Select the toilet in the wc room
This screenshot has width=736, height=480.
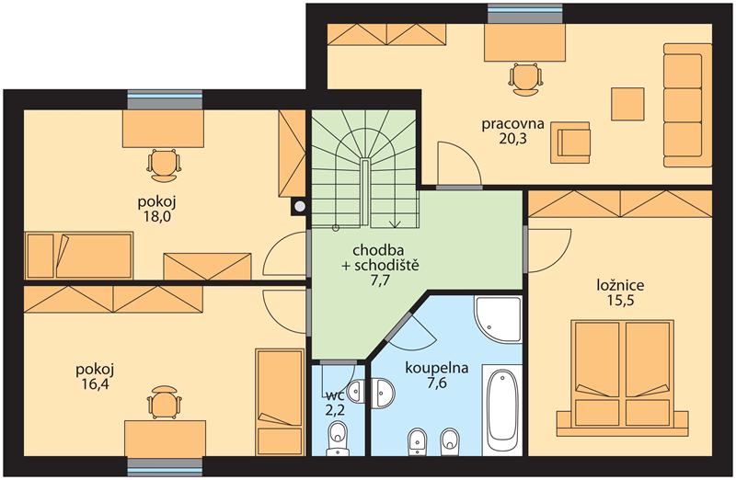338,439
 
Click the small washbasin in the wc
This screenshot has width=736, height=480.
358,390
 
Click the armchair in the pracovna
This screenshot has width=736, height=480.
570,143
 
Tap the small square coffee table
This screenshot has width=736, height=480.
627,104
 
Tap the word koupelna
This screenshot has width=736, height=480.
436,369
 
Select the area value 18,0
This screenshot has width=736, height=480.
156,217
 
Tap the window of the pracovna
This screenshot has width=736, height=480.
525,14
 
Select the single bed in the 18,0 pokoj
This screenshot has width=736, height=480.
78,256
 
